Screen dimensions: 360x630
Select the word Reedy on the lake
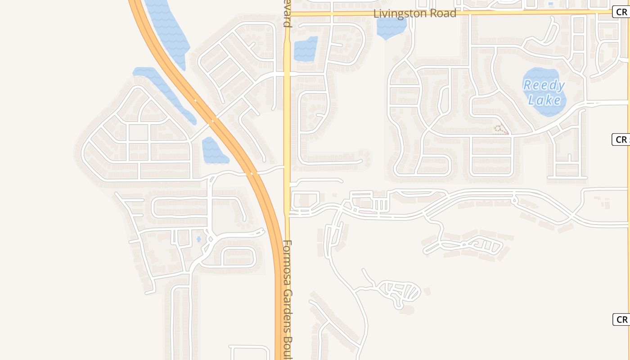tap(544, 85)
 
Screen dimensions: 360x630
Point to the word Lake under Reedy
tap(544, 99)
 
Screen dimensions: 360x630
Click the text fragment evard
tap(287, 13)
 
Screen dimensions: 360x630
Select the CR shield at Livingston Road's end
tap(621, 12)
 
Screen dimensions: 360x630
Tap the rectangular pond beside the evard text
tap(306, 49)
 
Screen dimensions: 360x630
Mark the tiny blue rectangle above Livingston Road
tap(551, 4)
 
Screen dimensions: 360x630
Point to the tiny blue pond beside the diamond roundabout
tap(198, 239)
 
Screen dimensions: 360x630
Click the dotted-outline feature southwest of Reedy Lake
tap(500, 130)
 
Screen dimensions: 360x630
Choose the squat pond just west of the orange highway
tap(213, 151)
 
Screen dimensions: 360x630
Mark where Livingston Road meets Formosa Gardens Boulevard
tap(287, 14)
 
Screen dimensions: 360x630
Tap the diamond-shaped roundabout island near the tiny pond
tap(209, 238)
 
